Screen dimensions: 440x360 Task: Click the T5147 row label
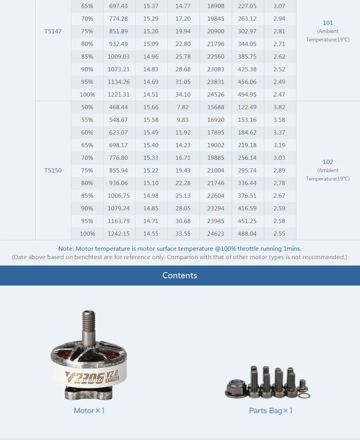point(53,31)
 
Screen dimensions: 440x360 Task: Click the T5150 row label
point(53,171)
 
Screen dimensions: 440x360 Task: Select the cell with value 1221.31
point(119,95)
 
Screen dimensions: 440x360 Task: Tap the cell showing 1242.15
point(119,234)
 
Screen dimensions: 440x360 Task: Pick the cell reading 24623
point(216,234)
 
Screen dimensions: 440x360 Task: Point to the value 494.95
point(247,95)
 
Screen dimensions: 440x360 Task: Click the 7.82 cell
point(183,107)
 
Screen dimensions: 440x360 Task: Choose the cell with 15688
point(216,107)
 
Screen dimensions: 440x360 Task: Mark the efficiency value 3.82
point(279,107)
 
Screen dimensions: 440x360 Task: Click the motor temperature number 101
point(328,23)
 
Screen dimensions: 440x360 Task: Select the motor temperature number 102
point(328,162)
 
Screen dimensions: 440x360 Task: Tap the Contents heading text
point(180,276)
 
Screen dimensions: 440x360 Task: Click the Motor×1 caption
point(89,410)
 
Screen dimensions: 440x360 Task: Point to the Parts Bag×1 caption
point(271,410)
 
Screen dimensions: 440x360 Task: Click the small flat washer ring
point(305,395)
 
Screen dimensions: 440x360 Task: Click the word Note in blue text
point(65,249)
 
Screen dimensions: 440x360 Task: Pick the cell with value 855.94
point(119,171)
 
